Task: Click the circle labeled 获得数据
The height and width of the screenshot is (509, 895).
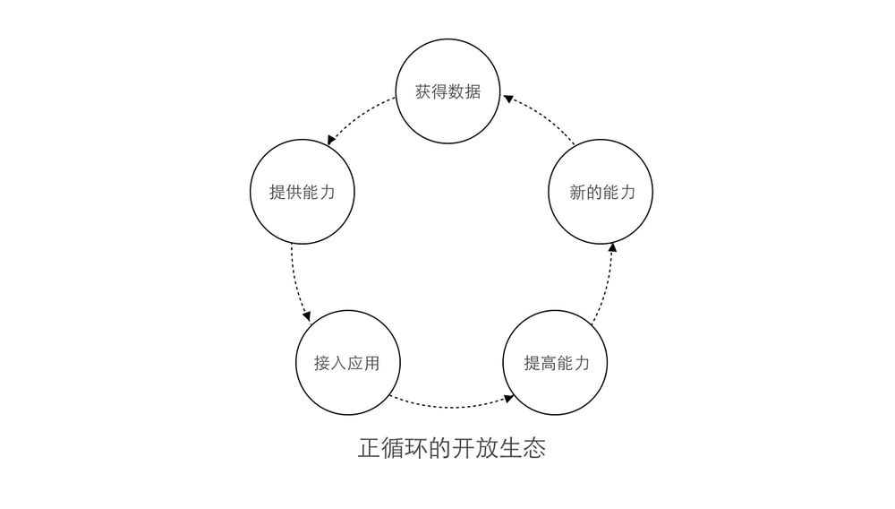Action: [x=447, y=91]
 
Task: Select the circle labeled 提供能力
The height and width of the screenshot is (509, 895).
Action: [x=302, y=192]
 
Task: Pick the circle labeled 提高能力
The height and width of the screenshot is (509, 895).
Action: [x=556, y=363]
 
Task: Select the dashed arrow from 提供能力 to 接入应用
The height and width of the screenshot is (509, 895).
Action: [x=294, y=282]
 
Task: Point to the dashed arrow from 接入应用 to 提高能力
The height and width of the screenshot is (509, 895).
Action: [x=452, y=405]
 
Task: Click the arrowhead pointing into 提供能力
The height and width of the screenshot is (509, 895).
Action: [x=332, y=140]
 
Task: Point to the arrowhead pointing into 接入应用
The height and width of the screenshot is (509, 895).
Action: [x=307, y=316]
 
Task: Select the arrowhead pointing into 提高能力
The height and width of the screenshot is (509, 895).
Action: [x=508, y=397]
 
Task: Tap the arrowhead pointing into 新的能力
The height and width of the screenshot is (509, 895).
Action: [x=613, y=247]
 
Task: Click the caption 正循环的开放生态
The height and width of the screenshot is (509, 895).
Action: [x=451, y=447]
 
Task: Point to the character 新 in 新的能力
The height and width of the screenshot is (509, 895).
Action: [x=577, y=193]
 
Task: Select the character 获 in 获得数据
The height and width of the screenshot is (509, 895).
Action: [x=423, y=91]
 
